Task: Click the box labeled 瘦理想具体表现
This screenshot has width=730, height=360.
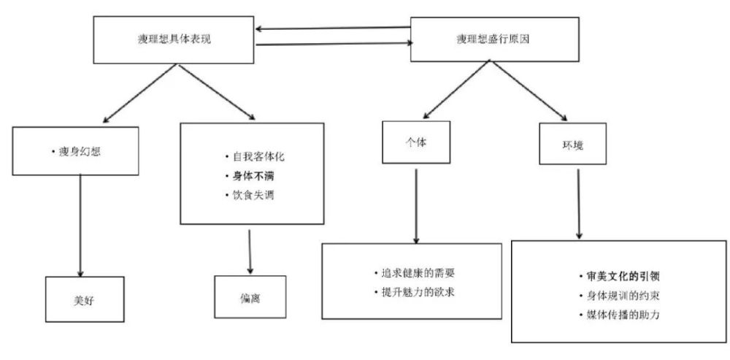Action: pos(174,40)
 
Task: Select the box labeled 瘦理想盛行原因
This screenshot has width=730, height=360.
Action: pos(494,39)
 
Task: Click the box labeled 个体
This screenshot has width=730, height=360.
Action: pos(416,142)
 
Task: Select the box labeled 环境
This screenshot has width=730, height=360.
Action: pos(572,143)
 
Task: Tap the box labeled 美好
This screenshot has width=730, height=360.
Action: pos(85,299)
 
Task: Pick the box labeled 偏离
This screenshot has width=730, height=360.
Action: pos(250,297)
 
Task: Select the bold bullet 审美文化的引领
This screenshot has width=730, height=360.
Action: pos(620,276)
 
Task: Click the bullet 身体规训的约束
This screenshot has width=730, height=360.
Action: pos(620,296)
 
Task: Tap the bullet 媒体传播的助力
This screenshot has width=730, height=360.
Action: pos(620,315)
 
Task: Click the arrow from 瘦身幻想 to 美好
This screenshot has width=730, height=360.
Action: pos(80,226)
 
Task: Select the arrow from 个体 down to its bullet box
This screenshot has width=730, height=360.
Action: pos(416,207)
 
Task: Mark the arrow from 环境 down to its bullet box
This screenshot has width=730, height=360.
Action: pos(579,204)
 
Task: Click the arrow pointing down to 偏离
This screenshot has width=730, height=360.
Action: pos(250,252)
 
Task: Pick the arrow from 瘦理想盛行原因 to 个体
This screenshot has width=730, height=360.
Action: pos(456,89)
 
